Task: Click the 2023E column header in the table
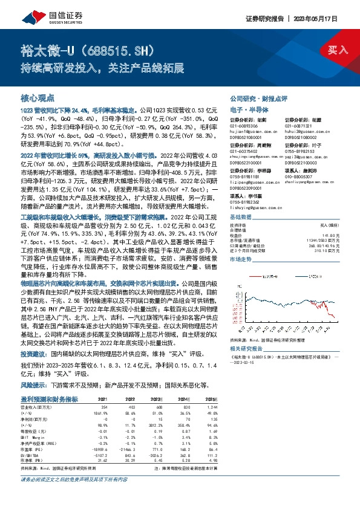(157, 400)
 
